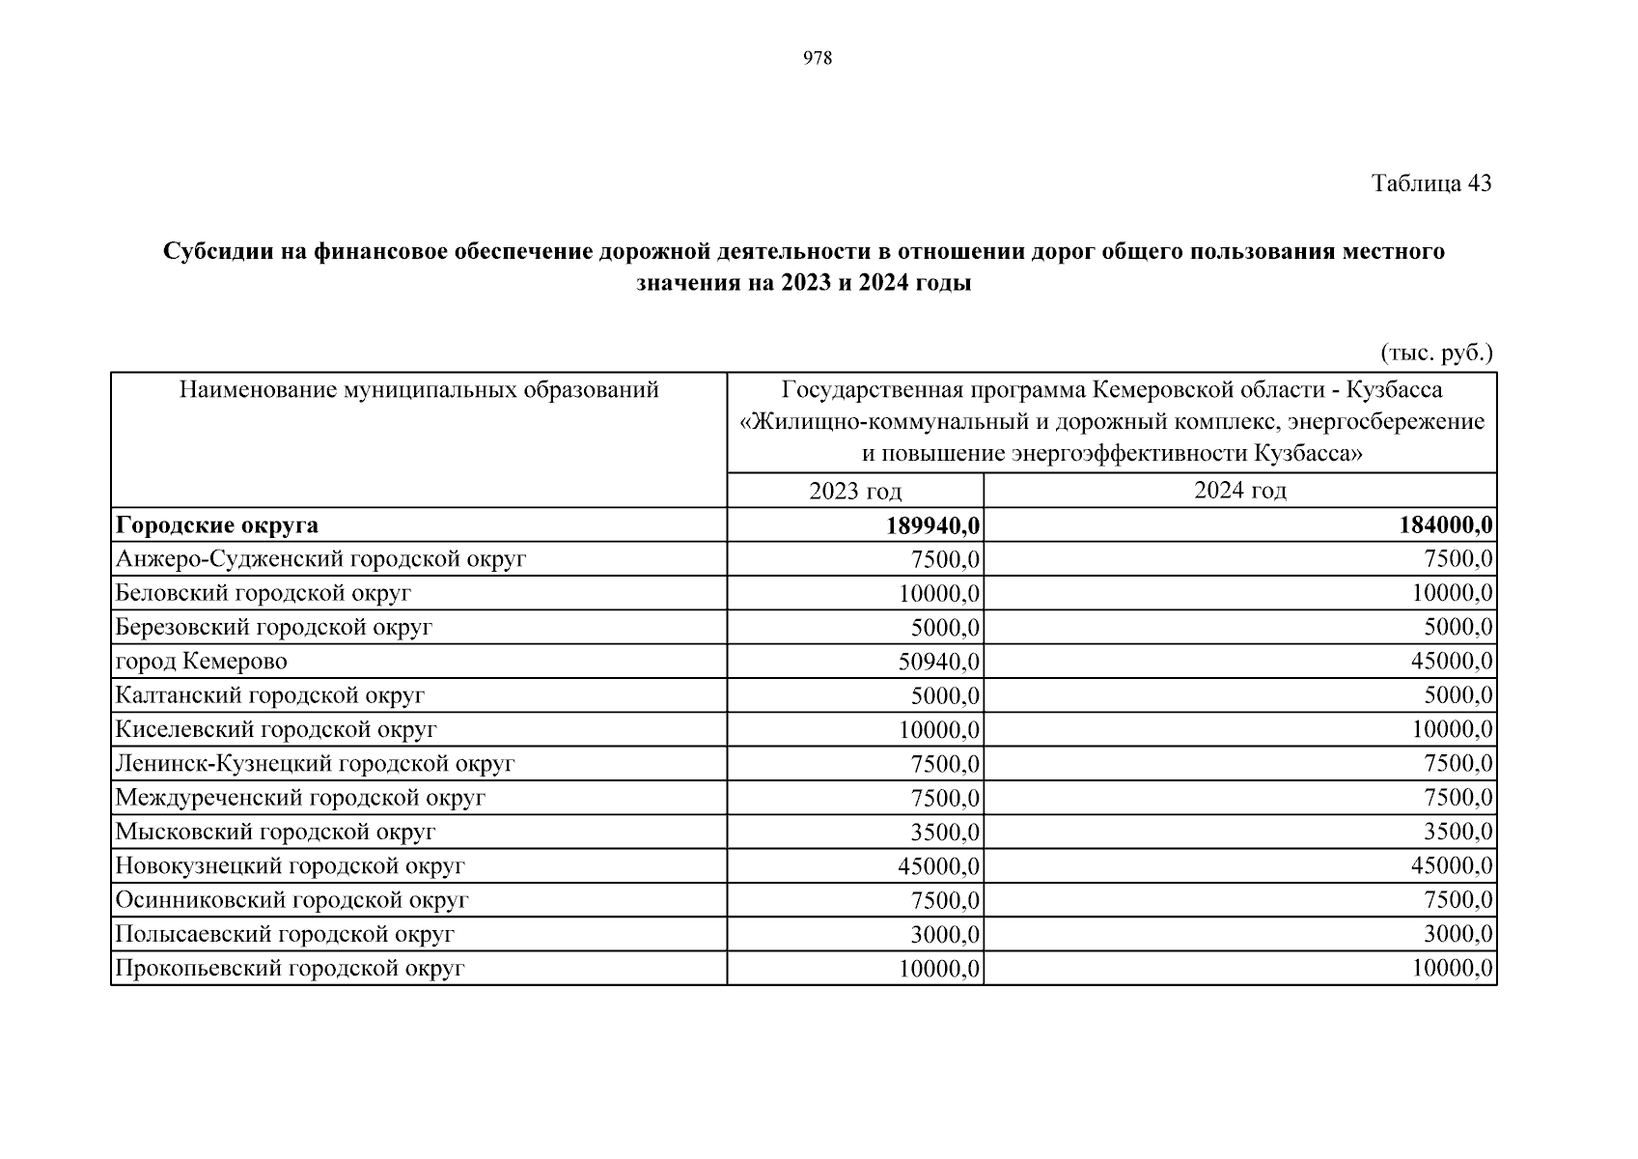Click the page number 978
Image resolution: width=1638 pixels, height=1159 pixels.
pyautogui.click(x=818, y=58)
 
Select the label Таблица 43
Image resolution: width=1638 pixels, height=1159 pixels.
pyautogui.click(x=1431, y=183)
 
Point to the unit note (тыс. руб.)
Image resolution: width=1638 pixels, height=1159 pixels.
pyautogui.click(x=1436, y=353)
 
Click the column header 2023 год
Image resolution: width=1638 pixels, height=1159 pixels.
pyautogui.click(x=855, y=491)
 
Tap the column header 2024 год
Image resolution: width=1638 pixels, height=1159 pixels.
pyautogui.click(x=1240, y=490)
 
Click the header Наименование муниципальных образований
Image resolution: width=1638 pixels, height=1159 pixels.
pyautogui.click(x=419, y=390)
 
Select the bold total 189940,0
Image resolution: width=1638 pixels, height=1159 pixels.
pyautogui.click(x=933, y=525)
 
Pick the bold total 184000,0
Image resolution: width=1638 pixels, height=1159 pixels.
pyautogui.click(x=1446, y=525)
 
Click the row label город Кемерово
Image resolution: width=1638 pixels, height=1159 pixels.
pyautogui.click(x=202, y=662)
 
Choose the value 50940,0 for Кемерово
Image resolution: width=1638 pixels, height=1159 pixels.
pyautogui.click(x=939, y=662)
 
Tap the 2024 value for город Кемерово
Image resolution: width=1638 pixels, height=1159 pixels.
pyautogui.click(x=1452, y=662)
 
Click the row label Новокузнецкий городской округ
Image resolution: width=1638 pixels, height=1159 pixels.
pyautogui.click(x=290, y=866)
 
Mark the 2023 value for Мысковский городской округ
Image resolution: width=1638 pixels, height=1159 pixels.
pyautogui.click(x=945, y=832)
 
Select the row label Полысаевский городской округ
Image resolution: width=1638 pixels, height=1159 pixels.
pyautogui.click(x=284, y=934)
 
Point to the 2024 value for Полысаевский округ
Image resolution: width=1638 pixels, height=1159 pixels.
pyautogui.click(x=1458, y=934)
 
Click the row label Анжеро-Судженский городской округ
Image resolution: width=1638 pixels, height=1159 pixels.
pyautogui.click(x=320, y=559)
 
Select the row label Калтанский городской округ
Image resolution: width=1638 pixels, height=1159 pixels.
pyautogui.click(x=269, y=695)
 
